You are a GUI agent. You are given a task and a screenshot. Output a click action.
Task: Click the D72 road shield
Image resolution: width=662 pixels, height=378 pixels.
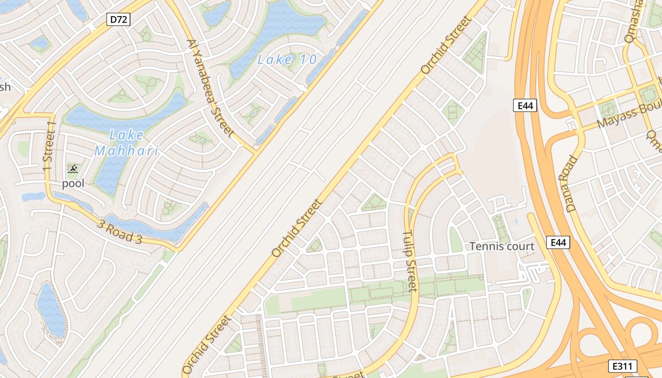(118, 19)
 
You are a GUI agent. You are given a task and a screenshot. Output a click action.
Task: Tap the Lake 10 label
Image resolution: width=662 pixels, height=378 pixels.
(287, 60)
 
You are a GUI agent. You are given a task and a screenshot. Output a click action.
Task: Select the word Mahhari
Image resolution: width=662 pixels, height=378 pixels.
(126, 151)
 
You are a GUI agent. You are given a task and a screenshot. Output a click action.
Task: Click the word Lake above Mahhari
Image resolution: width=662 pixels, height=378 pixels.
(126, 135)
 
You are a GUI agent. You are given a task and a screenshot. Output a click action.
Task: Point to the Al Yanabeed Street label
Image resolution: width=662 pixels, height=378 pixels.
(210, 88)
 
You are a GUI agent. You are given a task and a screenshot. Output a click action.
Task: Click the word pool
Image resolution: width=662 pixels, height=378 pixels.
(73, 183)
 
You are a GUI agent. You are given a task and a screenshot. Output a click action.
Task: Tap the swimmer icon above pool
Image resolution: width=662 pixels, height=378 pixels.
(73, 169)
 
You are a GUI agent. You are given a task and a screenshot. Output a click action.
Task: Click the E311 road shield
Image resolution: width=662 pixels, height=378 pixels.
(623, 366)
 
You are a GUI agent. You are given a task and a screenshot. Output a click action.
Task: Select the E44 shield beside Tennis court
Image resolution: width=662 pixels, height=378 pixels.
(558, 242)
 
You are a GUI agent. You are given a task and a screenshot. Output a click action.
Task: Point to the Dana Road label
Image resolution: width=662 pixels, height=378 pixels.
(572, 183)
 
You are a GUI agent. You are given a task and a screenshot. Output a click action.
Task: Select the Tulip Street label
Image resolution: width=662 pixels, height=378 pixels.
(410, 261)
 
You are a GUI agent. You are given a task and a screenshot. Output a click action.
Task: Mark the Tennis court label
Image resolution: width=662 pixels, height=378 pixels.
(502, 246)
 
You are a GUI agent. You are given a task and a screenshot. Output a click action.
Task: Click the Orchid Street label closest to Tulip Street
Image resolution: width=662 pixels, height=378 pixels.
(297, 228)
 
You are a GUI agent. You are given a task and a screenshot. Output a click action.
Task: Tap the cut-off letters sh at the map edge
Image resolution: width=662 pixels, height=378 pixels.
(5, 87)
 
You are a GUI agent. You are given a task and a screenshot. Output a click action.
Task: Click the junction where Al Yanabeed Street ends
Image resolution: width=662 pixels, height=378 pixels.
(255, 152)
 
